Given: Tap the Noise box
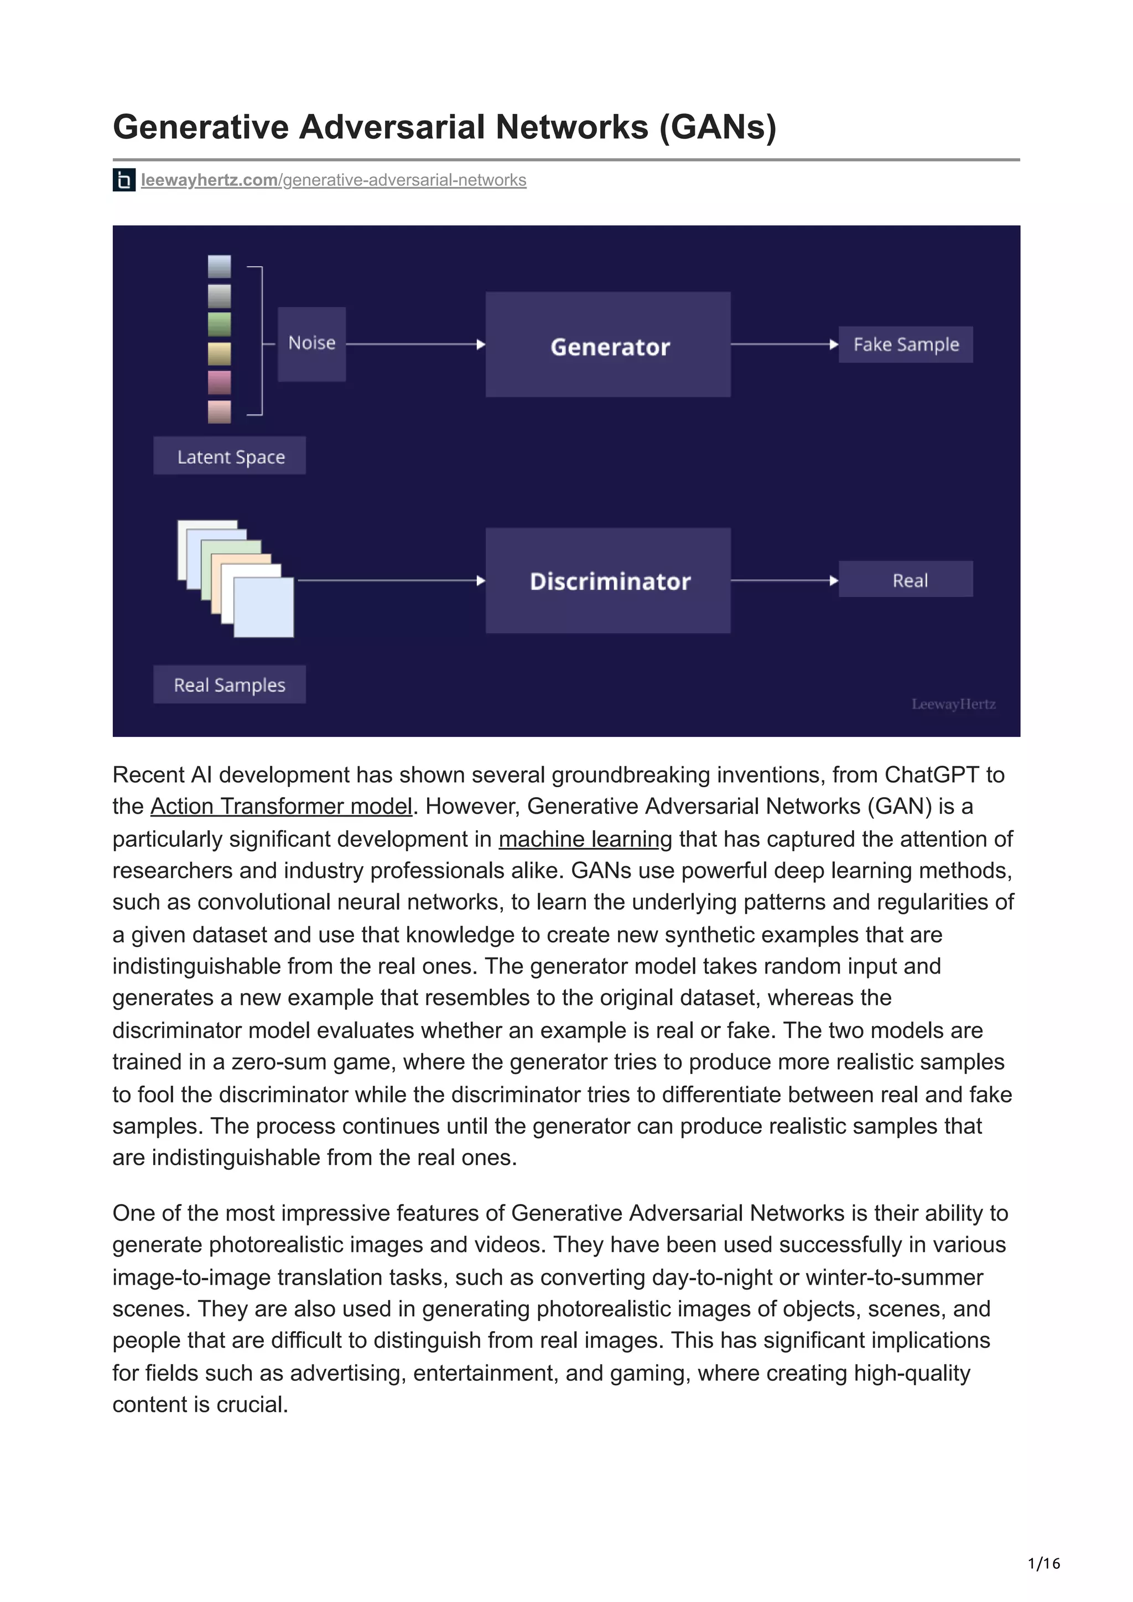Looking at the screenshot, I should tap(311, 344).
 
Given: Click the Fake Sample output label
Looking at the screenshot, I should tap(906, 345).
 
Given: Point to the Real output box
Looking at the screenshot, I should tap(906, 579).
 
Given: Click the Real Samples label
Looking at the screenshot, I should tap(230, 684).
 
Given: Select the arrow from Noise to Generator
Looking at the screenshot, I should tap(415, 344).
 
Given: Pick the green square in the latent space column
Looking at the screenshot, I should tap(219, 324).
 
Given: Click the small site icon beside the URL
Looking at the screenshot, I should tap(123, 180).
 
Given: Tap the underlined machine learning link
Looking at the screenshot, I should tap(585, 839).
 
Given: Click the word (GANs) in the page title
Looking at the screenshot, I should tap(718, 127).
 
